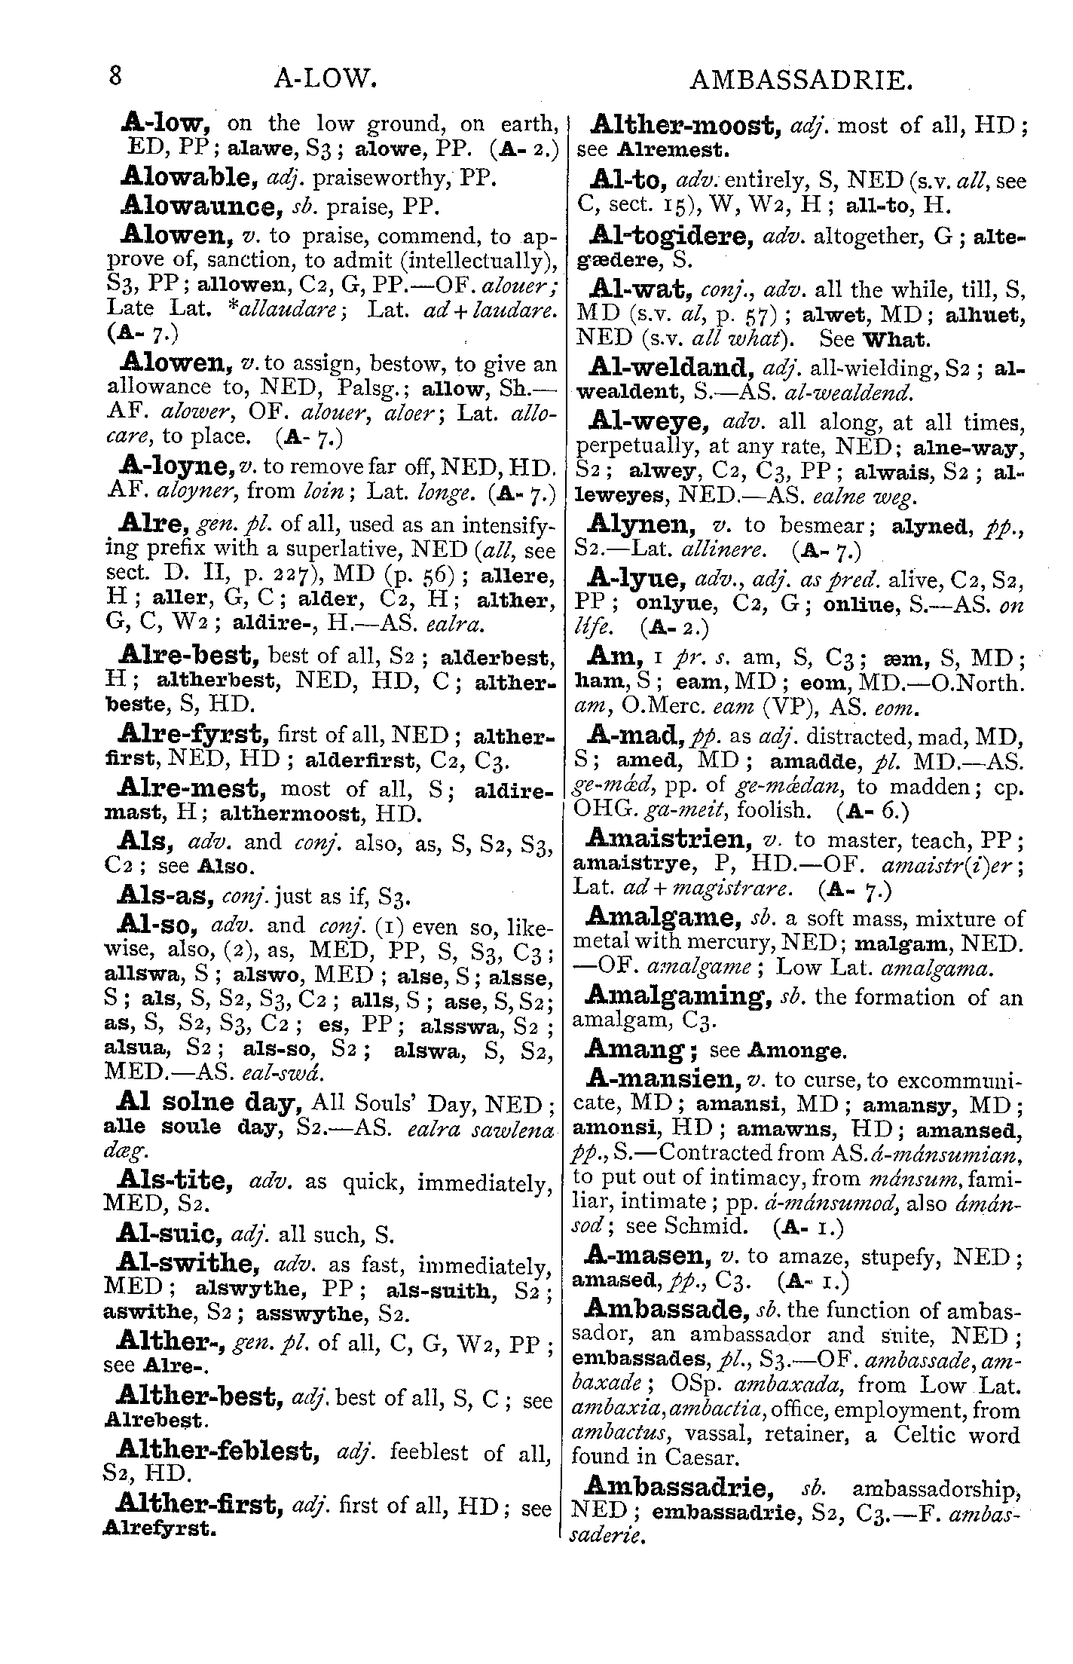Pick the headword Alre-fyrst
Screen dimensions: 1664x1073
194,733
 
